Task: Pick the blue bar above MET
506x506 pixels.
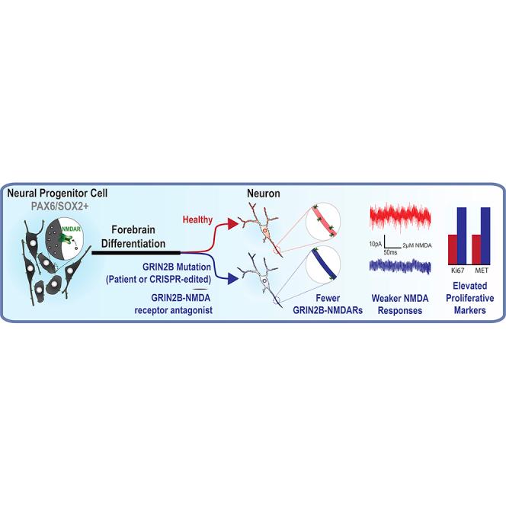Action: click(x=488, y=232)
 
